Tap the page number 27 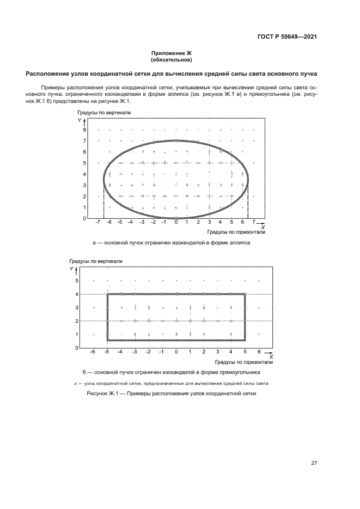coord(314,463)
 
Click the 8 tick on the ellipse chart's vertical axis coord(84,130)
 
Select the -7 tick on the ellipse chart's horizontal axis coord(98,223)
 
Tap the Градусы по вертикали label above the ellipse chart coord(105,112)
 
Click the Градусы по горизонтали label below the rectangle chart coord(243,361)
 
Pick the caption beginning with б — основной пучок coord(171,372)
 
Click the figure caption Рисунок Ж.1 coord(171,393)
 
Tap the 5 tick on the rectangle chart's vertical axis coord(77,281)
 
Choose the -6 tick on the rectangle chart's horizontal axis coord(94,352)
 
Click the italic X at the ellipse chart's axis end coord(263,227)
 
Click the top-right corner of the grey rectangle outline coord(245,295)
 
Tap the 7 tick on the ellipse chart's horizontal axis coord(254,223)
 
